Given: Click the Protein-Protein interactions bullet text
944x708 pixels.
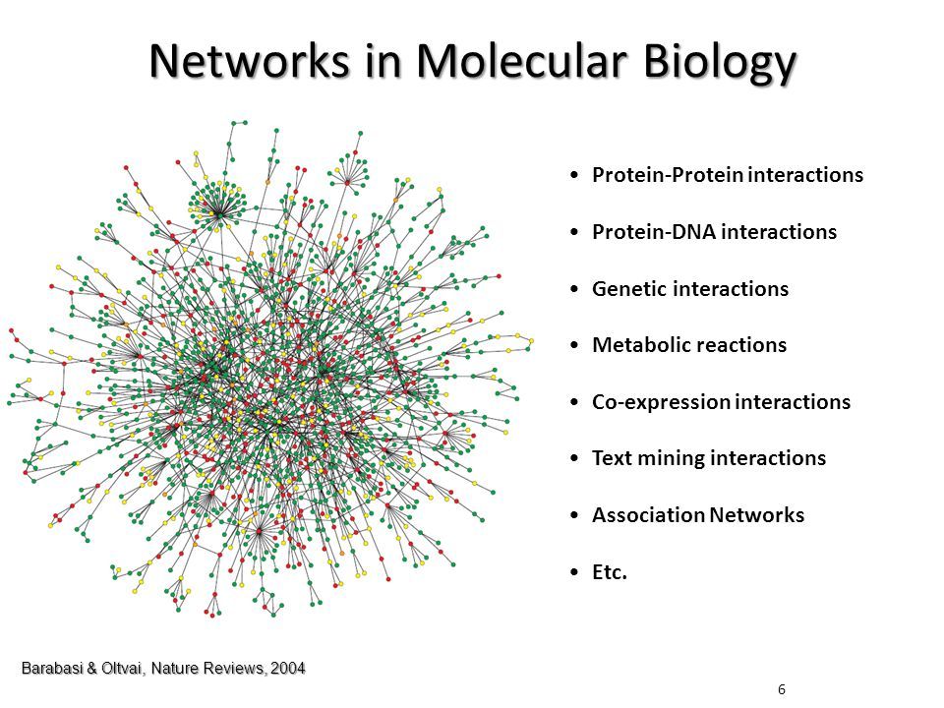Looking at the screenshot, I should click(x=728, y=176).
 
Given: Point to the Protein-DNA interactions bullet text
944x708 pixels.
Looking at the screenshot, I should click(x=714, y=233).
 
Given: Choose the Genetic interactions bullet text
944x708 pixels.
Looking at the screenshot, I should click(x=690, y=289).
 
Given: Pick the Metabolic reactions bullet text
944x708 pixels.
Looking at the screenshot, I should click(x=689, y=346).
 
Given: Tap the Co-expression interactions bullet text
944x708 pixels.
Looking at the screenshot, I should click(x=721, y=402).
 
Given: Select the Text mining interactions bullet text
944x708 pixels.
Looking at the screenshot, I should click(x=709, y=459).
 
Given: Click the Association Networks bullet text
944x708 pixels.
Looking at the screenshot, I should click(x=698, y=515).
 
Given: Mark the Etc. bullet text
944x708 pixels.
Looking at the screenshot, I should click(x=610, y=572).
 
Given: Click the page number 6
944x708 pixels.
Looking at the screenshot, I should click(x=781, y=689).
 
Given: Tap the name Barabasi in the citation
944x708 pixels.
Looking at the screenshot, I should click(x=52, y=669).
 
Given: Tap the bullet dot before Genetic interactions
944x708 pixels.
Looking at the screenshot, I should click(x=573, y=290).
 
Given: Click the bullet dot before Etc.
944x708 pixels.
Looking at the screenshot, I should click(x=573, y=573).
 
